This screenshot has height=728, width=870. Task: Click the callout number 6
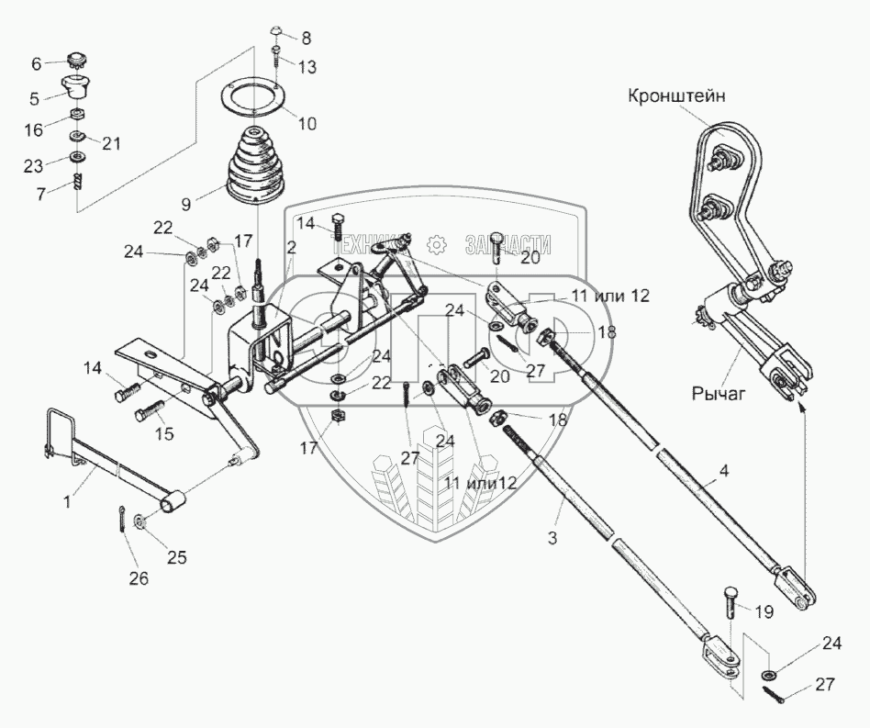[38, 63]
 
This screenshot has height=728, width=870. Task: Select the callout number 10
[307, 123]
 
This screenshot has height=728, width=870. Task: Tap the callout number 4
[724, 473]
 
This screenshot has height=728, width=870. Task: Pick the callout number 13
[306, 67]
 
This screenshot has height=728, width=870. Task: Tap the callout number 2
[291, 248]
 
